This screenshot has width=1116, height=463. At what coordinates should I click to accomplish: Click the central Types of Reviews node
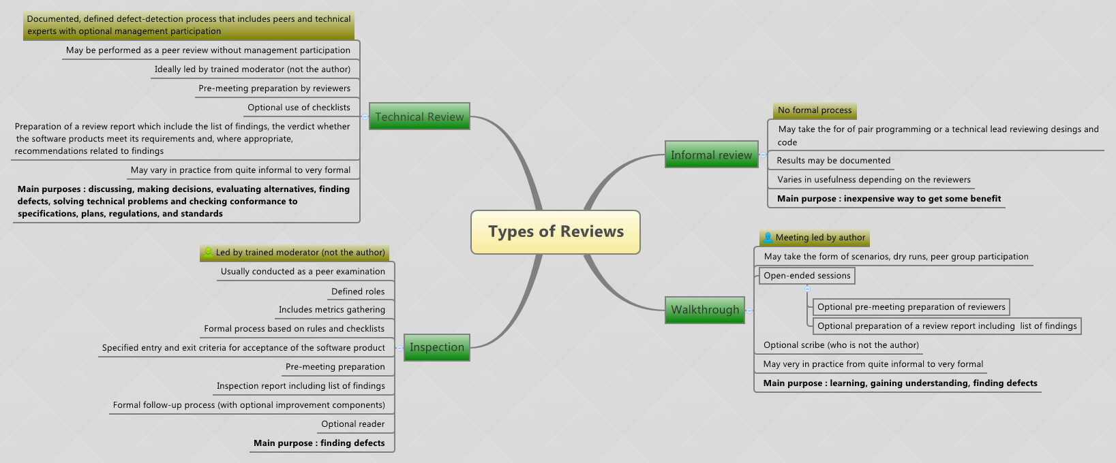[556, 232]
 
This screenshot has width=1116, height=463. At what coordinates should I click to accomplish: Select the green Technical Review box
[419, 116]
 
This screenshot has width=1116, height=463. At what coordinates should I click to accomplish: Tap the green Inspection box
[437, 347]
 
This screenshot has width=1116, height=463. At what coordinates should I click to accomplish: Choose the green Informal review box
[711, 155]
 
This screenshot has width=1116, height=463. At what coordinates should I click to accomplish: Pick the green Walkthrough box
[705, 310]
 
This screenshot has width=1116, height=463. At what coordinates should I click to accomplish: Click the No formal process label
[815, 110]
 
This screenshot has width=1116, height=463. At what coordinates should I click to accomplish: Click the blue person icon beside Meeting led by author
[768, 238]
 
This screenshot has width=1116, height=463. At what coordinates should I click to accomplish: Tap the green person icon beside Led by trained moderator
[209, 253]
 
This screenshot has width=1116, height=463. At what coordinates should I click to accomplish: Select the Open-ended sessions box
[807, 276]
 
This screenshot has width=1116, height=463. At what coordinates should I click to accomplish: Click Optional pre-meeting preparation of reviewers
[911, 307]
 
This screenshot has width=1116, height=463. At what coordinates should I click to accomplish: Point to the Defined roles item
[358, 291]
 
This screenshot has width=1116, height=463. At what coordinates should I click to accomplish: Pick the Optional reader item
[352, 424]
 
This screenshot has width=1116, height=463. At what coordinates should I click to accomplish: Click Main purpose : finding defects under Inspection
[319, 443]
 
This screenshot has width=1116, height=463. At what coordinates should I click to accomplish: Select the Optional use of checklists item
[299, 108]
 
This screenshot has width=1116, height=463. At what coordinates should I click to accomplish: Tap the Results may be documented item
[833, 161]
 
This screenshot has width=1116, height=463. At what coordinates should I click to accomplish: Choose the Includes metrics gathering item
[331, 310]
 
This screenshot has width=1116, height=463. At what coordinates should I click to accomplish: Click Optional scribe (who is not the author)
[841, 345]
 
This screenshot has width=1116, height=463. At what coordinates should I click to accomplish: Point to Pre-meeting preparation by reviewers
[274, 89]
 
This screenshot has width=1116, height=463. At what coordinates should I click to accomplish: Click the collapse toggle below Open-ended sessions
[808, 289]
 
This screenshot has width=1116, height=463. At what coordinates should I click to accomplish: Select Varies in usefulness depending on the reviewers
[873, 180]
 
